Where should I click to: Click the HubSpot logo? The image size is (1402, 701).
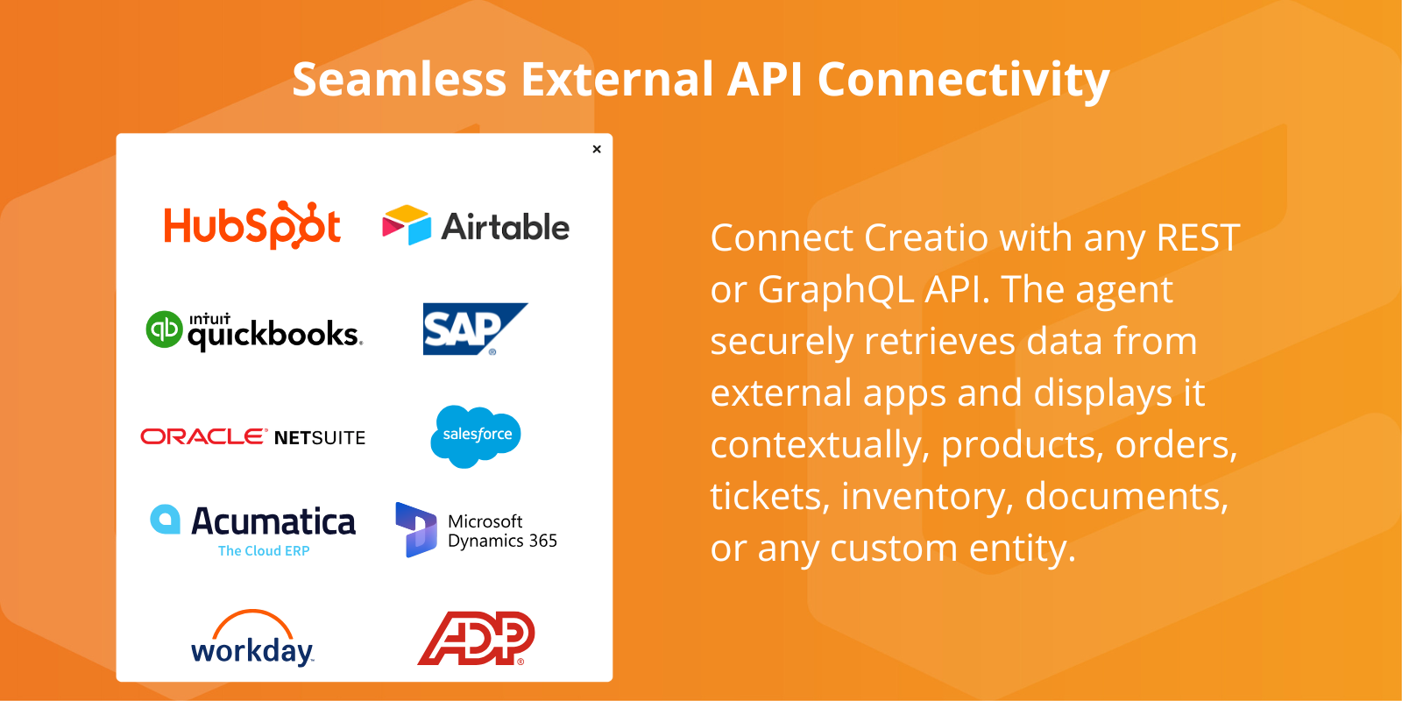point(252,226)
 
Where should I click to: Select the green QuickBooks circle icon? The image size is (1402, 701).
point(164,329)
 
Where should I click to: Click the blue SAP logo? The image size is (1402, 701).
point(473,329)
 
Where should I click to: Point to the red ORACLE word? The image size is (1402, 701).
point(203,436)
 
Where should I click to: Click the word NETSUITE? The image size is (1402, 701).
point(320,437)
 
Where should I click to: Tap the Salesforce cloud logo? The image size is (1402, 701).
point(476,435)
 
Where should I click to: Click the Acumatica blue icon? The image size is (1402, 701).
point(165,519)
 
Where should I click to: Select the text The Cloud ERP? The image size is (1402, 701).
point(264,551)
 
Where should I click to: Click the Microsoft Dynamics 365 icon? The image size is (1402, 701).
point(415,529)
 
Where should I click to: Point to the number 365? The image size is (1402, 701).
point(542,541)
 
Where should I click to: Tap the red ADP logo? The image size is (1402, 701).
point(476,638)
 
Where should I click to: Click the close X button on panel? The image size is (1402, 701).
point(597,149)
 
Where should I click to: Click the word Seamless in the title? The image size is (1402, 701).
point(399,80)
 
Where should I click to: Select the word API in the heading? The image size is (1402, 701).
point(764,80)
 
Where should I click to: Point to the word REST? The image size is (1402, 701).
point(1198,237)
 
